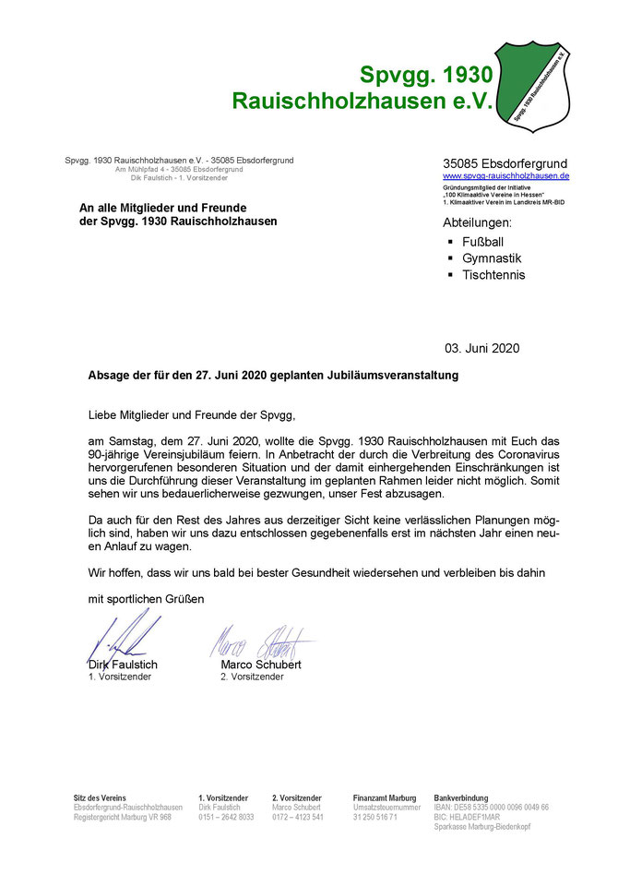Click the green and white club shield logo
543,85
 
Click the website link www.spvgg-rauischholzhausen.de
505,175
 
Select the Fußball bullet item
483,242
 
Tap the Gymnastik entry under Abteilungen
492,258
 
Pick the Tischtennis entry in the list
493,275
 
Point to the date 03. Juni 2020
481,349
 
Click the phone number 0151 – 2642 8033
226,817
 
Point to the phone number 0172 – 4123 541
297,817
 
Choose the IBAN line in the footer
491,808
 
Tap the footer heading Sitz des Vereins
101,797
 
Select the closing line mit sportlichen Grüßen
146,599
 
